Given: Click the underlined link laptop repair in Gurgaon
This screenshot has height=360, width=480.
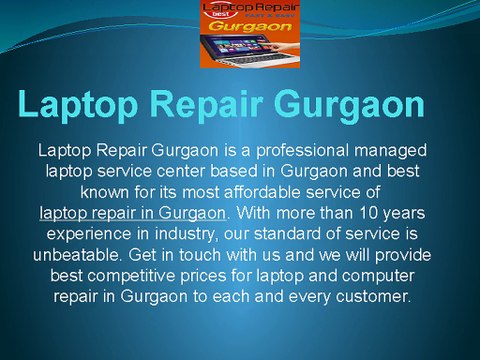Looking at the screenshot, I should [x=133, y=212].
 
